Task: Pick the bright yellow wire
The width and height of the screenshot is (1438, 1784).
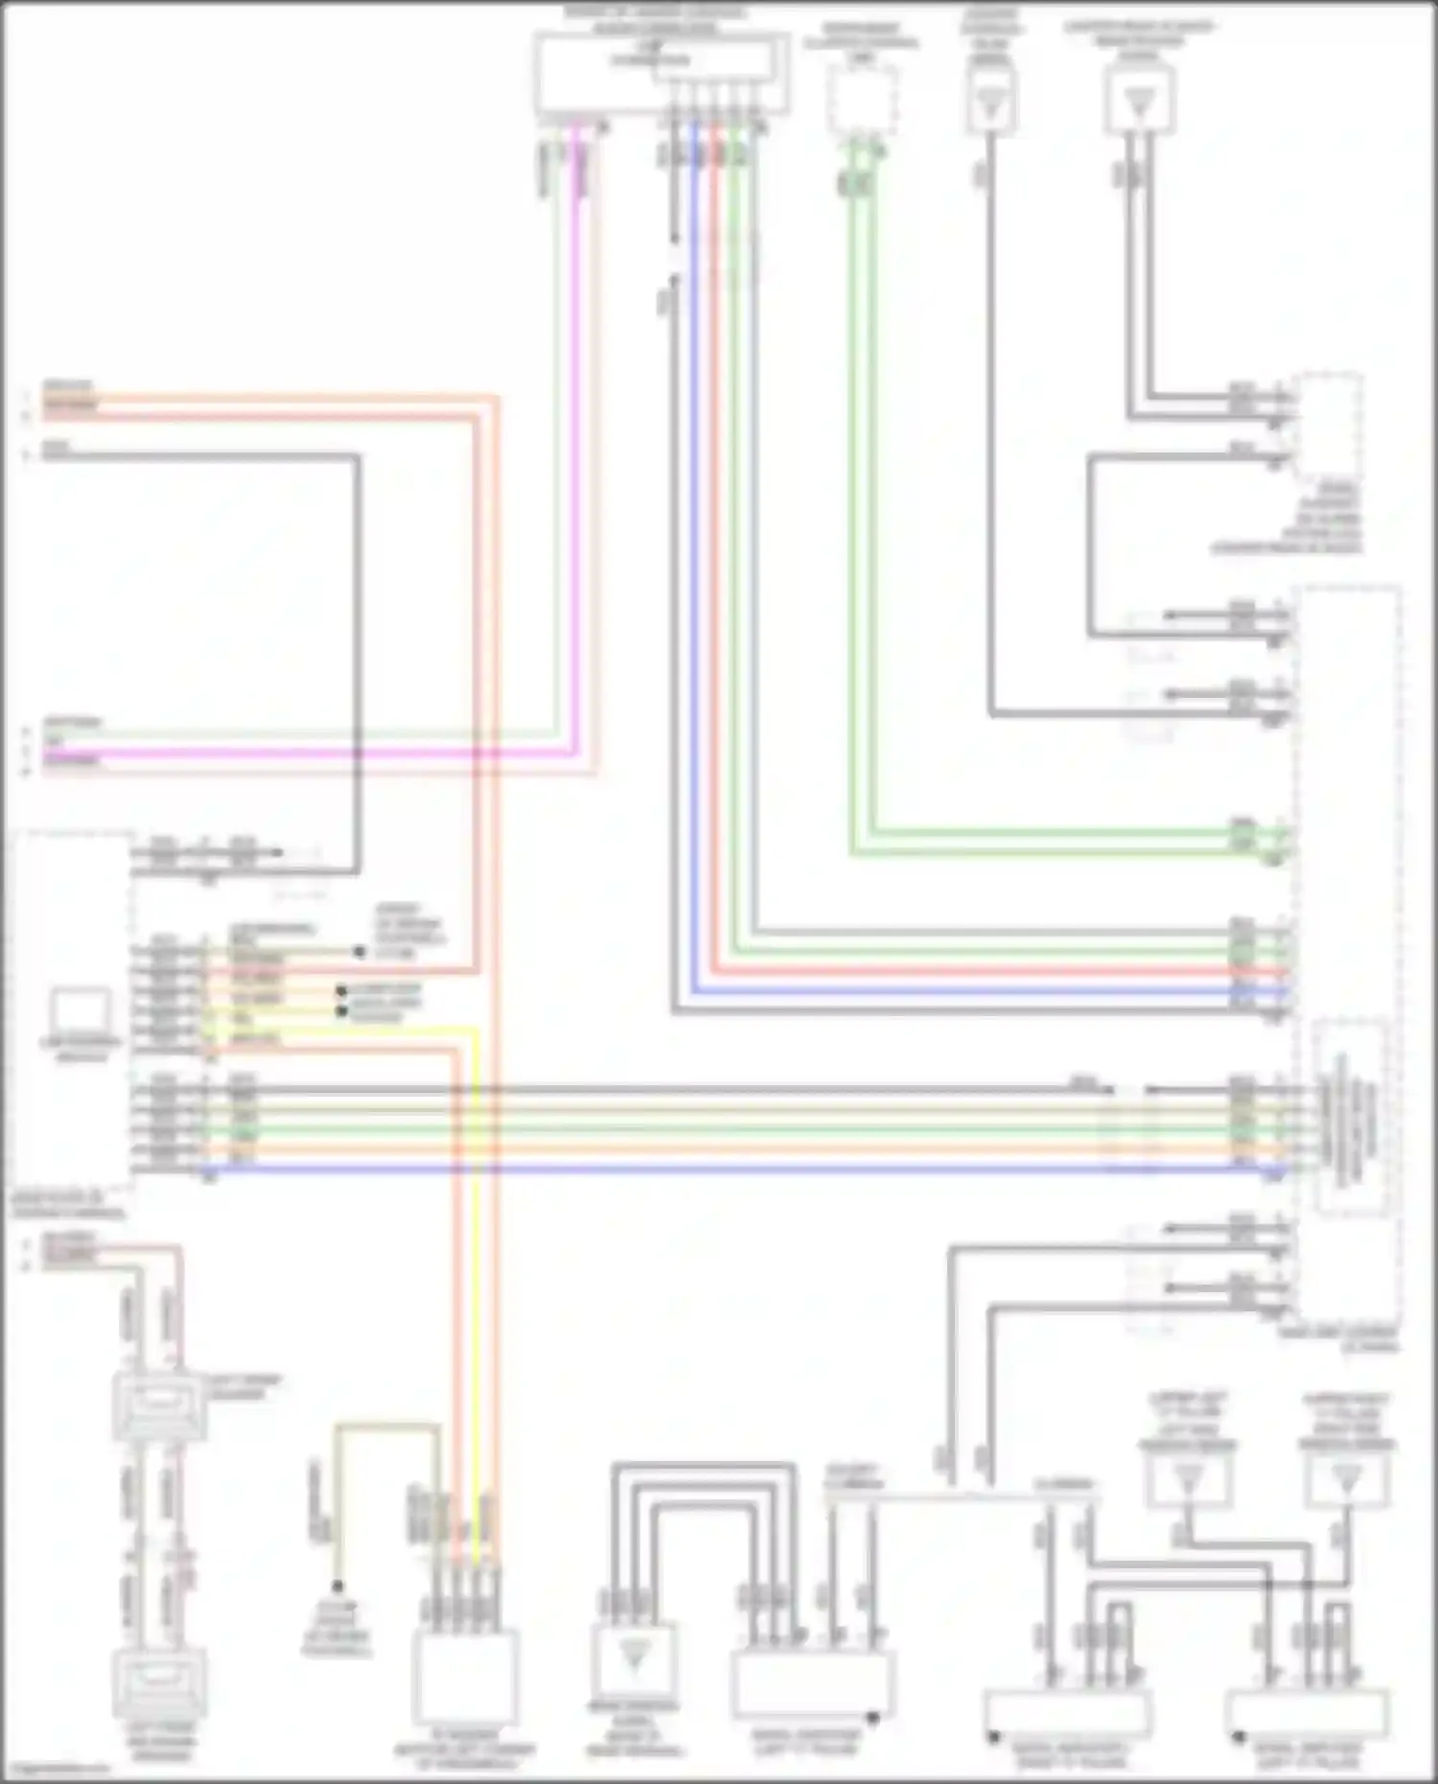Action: (475, 1246)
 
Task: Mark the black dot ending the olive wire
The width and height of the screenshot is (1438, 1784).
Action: (337, 1586)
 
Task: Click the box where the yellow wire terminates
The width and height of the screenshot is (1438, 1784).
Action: (465, 1678)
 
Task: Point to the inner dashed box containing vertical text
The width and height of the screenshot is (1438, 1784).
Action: (1350, 1117)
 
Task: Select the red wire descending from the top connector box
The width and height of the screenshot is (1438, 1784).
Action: (714, 479)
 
